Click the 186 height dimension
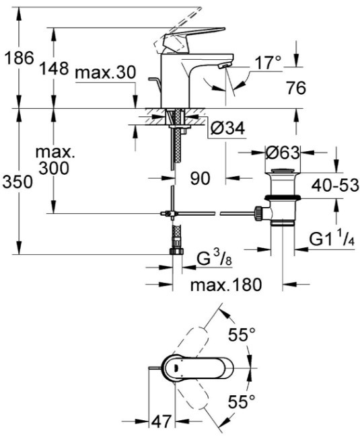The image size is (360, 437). (20, 58)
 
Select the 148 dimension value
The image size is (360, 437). (54, 69)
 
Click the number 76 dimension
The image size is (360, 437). (296, 88)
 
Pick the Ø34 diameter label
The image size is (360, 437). (227, 128)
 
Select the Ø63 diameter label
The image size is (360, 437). (283, 153)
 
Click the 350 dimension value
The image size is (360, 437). (17, 182)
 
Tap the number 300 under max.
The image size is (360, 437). (54, 168)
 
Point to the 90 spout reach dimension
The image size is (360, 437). (200, 178)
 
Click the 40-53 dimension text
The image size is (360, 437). (335, 185)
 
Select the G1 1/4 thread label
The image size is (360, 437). (332, 239)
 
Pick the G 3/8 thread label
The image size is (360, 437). (214, 260)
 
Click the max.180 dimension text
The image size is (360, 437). (226, 285)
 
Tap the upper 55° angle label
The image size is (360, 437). (242, 334)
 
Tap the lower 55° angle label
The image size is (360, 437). (242, 401)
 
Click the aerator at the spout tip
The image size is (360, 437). (225, 66)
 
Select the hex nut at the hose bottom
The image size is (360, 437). (176, 251)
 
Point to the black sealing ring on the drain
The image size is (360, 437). (282, 198)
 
